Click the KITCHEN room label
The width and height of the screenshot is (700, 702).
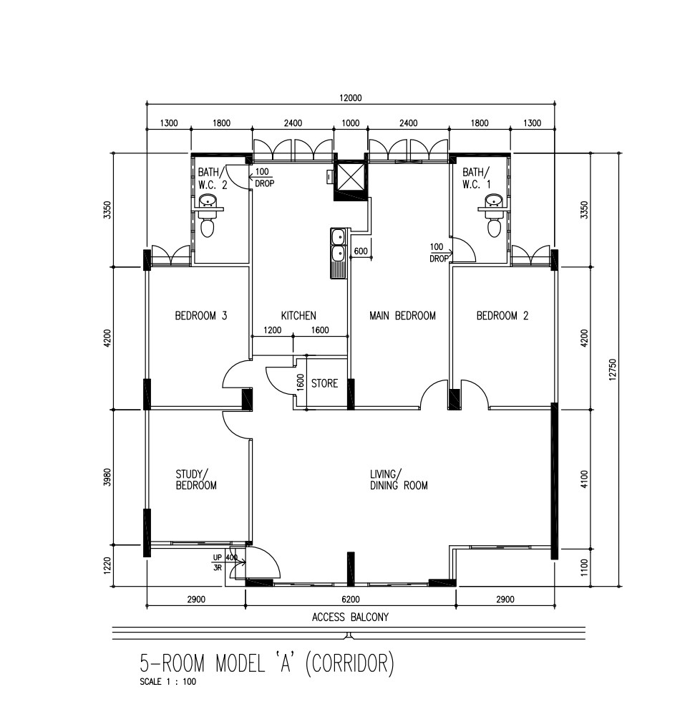298,316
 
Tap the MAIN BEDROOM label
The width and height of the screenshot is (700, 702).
402,316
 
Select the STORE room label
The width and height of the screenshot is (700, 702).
324,383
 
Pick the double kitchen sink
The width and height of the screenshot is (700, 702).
338,253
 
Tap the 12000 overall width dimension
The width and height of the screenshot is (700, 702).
351,97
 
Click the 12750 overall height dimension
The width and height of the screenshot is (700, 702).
613,370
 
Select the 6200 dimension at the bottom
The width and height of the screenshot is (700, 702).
351,599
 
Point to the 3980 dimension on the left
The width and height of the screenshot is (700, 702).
107,477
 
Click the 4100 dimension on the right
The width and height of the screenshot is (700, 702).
584,479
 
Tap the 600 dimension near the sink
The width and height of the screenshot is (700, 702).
361,251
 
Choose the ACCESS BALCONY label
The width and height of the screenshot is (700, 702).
350,617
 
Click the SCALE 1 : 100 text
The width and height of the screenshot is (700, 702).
167,682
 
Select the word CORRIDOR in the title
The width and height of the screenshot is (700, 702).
349,663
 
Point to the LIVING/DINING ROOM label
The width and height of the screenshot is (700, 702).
399,479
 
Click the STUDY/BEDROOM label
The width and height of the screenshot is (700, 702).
196,479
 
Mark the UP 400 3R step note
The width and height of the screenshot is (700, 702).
225,562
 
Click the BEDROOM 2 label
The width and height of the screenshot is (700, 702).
502,316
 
